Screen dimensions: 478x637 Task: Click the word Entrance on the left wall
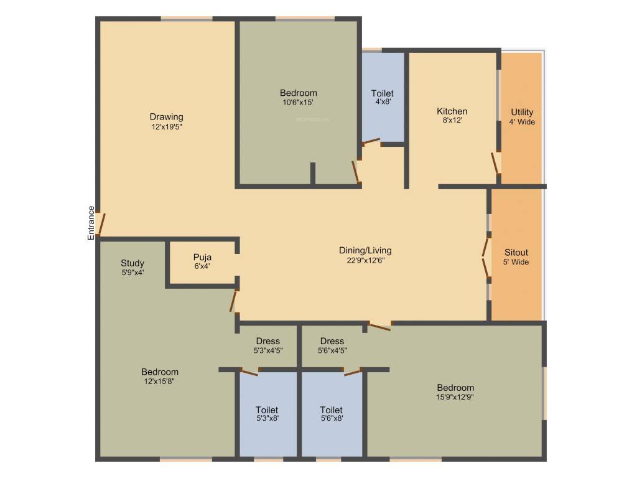[x=91, y=223]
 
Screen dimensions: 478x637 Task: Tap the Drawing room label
[x=166, y=116]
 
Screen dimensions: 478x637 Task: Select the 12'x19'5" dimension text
[x=166, y=126]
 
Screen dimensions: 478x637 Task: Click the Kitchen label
[x=452, y=111]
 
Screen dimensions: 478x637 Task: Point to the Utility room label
[x=522, y=112]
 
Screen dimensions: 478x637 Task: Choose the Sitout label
[x=516, y=252]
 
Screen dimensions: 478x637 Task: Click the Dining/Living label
[x=365, y=250]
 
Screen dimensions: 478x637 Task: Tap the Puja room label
[x=202, y=256]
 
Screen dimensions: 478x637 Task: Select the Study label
[x=133, y=263]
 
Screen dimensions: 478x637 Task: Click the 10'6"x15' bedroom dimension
[x=298, y=102]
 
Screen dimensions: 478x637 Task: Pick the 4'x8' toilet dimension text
[x=383, y=101]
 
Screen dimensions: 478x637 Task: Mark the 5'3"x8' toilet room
[x=267, y=414]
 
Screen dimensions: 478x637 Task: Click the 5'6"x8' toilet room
[x=332, y=414]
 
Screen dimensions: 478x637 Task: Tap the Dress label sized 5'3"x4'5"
[x=268, y=341]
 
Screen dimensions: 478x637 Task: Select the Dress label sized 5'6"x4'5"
[x=332, y=341]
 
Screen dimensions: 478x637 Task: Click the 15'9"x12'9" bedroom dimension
[x=455, y=396]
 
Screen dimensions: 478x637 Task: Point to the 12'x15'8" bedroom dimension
[x=159, y=382]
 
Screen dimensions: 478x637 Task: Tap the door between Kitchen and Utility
[x=495, y=163]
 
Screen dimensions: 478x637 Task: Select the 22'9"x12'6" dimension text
[x=365, y=260]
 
